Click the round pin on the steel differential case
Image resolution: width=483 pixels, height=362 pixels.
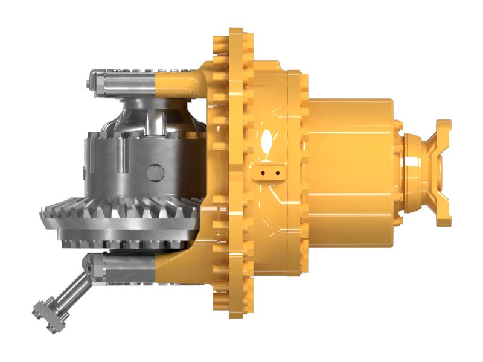point(155,173)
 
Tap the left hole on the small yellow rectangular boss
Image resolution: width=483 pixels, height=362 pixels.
point(264,173)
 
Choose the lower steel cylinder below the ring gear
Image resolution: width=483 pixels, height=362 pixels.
point(121,267)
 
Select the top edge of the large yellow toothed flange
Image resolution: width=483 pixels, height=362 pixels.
point(232,33)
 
